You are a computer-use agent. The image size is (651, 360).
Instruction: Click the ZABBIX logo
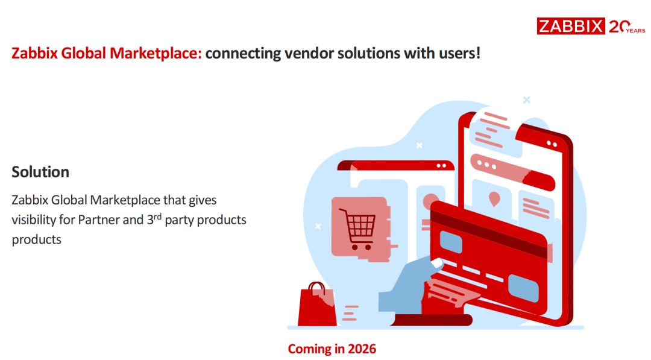[x=570, y=26]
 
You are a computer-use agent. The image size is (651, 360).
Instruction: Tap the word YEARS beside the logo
[x=636, y=31]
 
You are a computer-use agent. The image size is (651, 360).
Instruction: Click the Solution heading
[x=40, y=172]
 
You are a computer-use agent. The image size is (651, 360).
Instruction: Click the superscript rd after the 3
[x=157, y=216]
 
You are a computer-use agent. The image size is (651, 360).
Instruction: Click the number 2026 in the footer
[x=362, y=349]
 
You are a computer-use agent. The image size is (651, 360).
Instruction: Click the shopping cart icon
[x=357, y=229]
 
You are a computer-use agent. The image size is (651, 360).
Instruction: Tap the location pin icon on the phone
[x=494, y=199]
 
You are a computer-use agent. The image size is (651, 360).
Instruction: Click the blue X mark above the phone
[x=526, y=99]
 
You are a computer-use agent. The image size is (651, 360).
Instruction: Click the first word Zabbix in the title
[x=34, y=53]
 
